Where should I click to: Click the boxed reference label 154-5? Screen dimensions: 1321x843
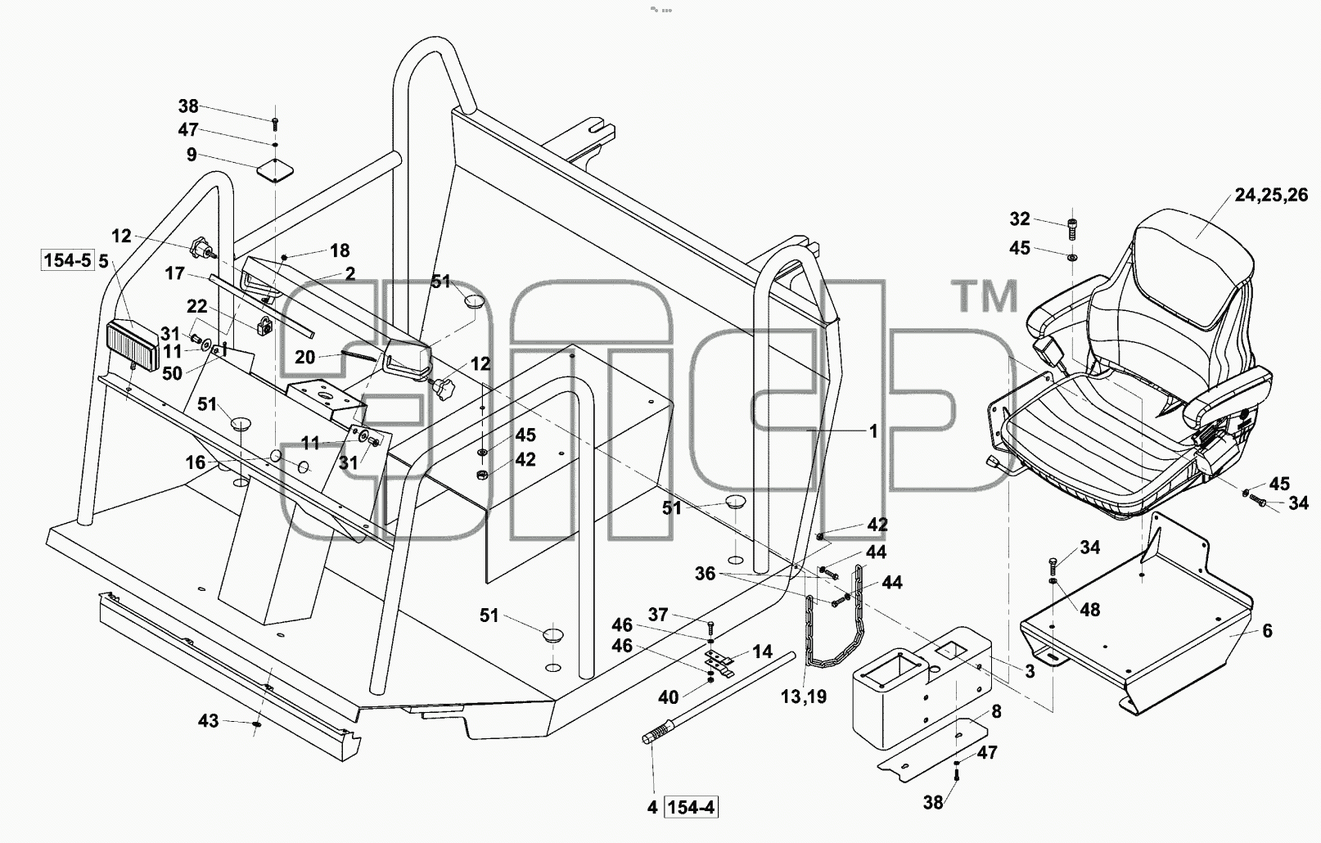(x=67, y=260)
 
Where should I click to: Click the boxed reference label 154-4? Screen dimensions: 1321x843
(x=691, y=807)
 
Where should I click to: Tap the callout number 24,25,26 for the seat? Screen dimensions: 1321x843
(x=1271, y=196)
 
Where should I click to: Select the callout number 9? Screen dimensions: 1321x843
(x=192, y=156)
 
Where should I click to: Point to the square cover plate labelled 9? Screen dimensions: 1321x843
(x=275, y=171)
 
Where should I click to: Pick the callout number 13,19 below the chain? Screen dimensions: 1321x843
(x=804, y=696)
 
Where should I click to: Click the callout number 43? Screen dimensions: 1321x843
(x=208, y=721)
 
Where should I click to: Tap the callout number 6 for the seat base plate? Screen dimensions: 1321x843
(x=1267, y=631)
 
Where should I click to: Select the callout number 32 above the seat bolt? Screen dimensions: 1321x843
(x=1020, y=219)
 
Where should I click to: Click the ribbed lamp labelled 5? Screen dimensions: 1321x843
(x=132, y=345)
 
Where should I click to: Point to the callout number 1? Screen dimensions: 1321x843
(x=873, y=431)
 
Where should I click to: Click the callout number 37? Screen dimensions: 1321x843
(x=658, y=615)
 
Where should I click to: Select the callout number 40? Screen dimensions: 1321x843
(x=668, y=697)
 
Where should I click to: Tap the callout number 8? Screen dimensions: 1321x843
(x=996, y=711)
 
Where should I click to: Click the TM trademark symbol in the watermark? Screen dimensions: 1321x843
(x=985, y=296)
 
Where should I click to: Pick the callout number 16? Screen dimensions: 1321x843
(x=196, y=462)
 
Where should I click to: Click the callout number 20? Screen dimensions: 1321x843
(x=305, y=358)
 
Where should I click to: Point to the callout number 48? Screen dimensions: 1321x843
(x=1090, y=610)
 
